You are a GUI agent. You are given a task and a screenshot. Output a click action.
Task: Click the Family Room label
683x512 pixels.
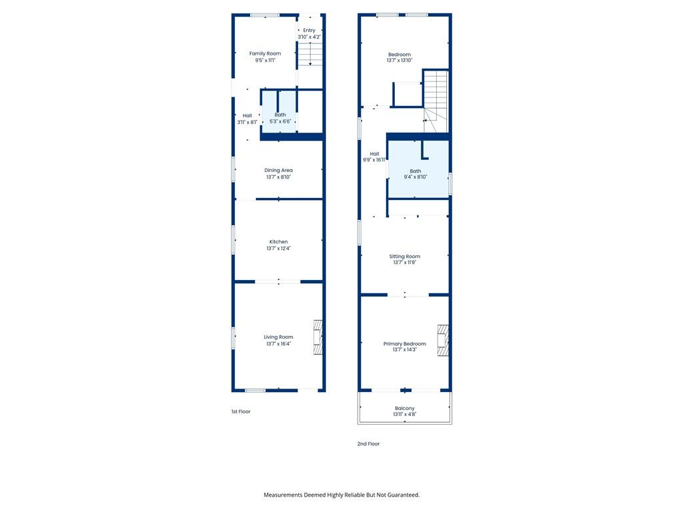click(x=265, y=53)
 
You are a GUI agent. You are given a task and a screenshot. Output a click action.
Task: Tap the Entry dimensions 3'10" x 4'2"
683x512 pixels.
click(x=309, y=37)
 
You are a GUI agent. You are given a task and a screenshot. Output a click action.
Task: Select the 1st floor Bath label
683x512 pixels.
click(x=280, y=115)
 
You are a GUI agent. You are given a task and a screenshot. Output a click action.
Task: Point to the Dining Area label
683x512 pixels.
click(x=278, y=170)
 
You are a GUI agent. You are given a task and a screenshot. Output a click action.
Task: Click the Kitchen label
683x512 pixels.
click(x=278, y=241)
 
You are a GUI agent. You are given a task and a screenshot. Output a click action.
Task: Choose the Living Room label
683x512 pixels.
click(x=278, y=337)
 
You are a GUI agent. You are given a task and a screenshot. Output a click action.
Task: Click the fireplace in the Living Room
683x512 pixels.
click(x=318, y=337)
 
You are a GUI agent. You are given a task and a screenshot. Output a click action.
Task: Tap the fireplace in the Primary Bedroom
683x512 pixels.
click(x=444, y=341)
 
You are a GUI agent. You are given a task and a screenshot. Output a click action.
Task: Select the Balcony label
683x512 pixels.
click(x=405, y=409)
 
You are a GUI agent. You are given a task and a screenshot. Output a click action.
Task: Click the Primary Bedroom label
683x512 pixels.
click(x=405, y=343)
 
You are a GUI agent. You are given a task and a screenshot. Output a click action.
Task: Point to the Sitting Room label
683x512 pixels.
click(x=405, y=257)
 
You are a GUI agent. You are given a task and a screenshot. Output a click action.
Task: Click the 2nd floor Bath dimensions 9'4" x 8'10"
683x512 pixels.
click(x=416, y=177)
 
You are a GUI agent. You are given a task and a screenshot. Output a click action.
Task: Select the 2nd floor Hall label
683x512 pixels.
click(x=374, y=154)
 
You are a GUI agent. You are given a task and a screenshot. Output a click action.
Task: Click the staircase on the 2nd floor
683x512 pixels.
click(x=436, y=101)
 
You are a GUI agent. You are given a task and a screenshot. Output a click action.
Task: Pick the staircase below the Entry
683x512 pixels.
click(x=310, y=54)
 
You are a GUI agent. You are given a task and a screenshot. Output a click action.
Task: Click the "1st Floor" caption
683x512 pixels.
click(x=241, y=411)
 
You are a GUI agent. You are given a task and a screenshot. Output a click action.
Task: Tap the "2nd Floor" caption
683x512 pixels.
click(x=368, y=443)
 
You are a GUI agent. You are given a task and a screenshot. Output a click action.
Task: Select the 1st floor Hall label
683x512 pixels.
click(x=247, y=116)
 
